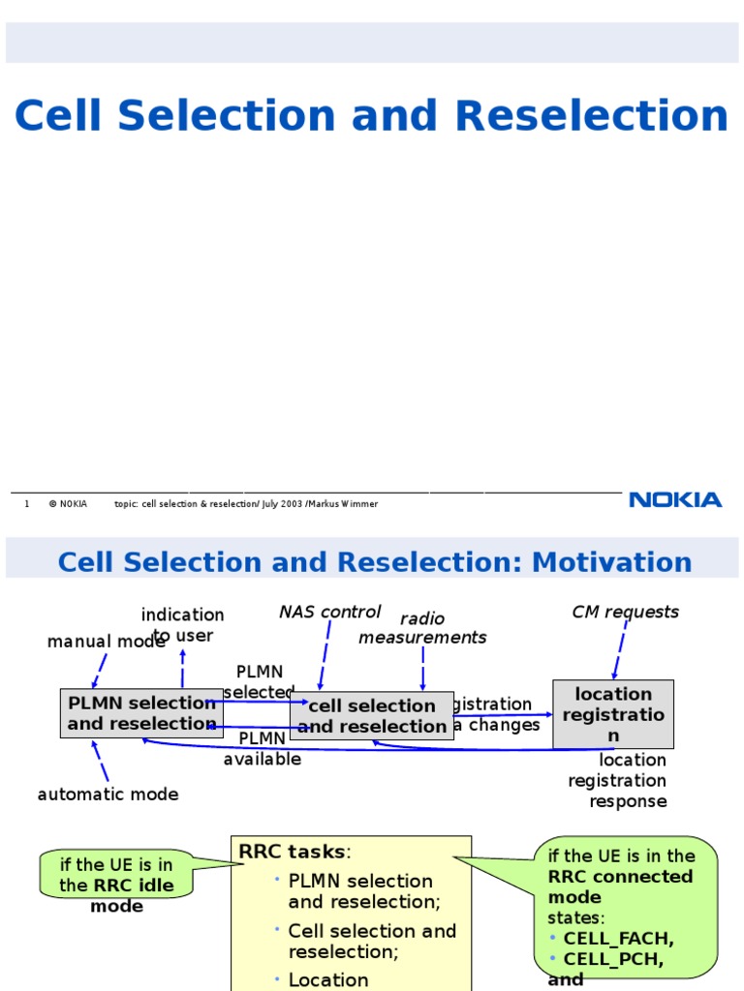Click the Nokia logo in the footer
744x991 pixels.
pyautogui.click(x=675, y=499)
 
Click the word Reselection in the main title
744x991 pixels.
pyautogui.click(x=591, y=116)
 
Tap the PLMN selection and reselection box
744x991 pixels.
pyautogui.click(x=141, y=713)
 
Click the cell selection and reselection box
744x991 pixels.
pyautogui.click(x=372, y=716)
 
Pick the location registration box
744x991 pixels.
pyautogui.click(x=612, y=714)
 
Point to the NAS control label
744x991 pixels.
pyautogui.click(x=329, y=612)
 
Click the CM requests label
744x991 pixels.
pyautogui.click(x=625, y=612)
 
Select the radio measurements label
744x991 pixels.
pyautogui.click(x=422, y=628)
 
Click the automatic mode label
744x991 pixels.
pyautogui.click(x=108, y=795)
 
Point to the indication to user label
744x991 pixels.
pyautogui.click(x=182, y=625)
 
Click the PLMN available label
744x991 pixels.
pyautogui.click(x=263, y=749)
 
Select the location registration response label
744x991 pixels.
pyautogui.click(x=620, y=781)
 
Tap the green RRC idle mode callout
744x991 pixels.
pyautogui.click(x=116, y=875)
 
